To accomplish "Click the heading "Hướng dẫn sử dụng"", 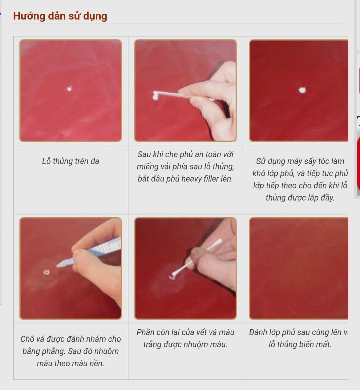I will [60, 16].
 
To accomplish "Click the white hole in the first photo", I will [70, 89].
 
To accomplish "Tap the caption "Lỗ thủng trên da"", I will [70, 161].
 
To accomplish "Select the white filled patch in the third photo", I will [302, 90].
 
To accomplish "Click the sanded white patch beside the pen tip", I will [47, 272].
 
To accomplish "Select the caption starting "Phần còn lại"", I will [185, 338].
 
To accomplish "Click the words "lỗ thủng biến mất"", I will [300, 345].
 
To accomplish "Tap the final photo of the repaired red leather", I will [299, 268].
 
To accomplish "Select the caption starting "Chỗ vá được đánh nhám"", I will [70, 351].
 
